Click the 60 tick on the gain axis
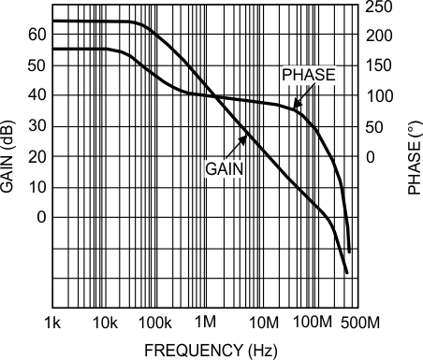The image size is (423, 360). (36, 35)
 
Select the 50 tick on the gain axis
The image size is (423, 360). (36, 65)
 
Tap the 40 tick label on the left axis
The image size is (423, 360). (36, 95)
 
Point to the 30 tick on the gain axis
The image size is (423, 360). (36, 126)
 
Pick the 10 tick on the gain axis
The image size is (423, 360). (36, 187)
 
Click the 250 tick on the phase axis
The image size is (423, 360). (378, 7)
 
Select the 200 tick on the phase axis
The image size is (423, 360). (378, 36)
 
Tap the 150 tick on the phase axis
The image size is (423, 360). (378, 66)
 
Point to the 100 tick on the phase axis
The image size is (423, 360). (378, 96)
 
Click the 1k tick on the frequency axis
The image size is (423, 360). (53, 324)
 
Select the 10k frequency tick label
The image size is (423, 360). (105, 324)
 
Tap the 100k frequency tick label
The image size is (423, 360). (155, 324)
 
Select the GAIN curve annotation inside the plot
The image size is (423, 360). (226, 168)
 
